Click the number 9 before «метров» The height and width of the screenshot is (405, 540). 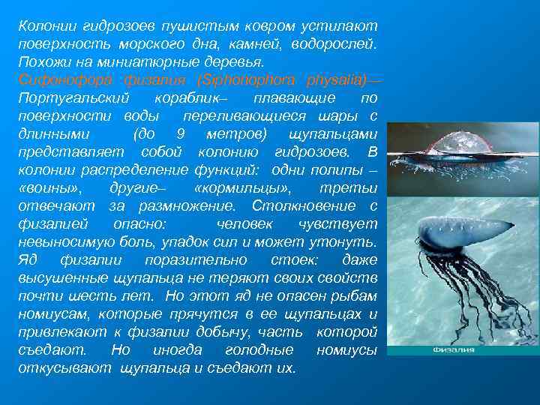[x=178, y=134]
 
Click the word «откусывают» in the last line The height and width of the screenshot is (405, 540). [x=65, y=368]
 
